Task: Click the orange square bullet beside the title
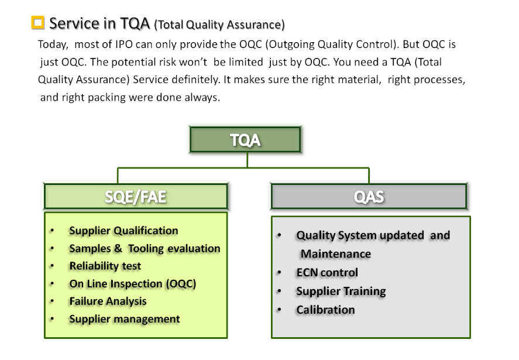[37, 22]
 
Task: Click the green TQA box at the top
[245, 139]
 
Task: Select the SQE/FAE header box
[136, 197]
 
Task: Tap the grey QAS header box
[369, 197]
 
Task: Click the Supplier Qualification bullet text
[124, 231]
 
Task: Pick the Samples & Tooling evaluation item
[145, 248]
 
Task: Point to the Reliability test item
[105, 266]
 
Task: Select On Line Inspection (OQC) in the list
[133, 284]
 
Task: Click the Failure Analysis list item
[108, 301]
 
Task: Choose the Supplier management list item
[125, 319]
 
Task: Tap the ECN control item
[327, 273]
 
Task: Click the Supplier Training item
[341, 292]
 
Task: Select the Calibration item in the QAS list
[326, 310]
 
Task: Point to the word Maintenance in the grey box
[336, 254]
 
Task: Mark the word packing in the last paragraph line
[106, 98]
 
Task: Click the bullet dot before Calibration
[279, 310]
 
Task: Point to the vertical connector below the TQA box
[248, 160]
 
